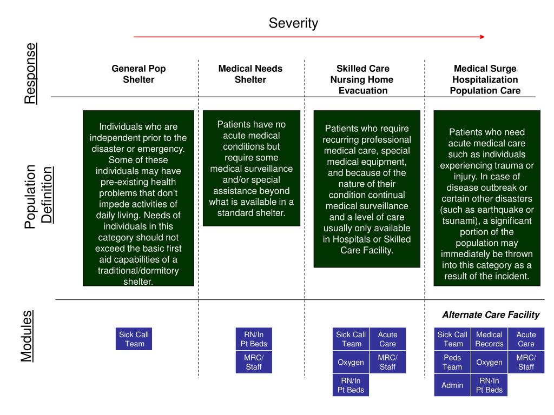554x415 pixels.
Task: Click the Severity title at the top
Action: (293, 23)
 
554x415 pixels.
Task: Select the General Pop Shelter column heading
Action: (138, 74)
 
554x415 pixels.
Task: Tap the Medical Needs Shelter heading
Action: (250, 74)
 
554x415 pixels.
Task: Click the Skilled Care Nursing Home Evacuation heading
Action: (362, 79)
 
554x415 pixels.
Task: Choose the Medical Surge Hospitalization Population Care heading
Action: (485, 79)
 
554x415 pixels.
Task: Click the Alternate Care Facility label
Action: (491, 314)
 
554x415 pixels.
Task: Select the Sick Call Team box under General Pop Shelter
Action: (134, 339)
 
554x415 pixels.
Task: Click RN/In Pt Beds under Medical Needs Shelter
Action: (254, 339)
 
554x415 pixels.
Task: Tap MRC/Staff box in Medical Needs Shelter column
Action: (254, 363)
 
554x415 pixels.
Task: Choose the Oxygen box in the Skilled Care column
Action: (351, 363)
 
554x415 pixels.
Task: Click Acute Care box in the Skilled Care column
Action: (387, 339)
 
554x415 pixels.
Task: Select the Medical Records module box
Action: (489, 339)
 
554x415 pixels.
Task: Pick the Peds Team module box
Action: (452, 363)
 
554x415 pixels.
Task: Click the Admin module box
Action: (452, 386)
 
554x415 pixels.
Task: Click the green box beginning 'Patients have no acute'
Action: (252, 168)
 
